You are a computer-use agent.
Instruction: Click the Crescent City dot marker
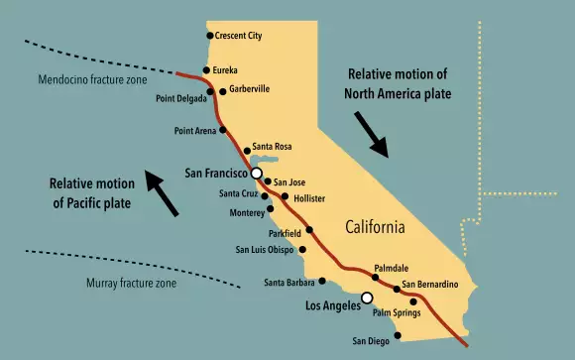pyautogui.click(x=209, y=36)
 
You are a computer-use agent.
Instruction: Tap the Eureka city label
pyautogui.click(x=226, y=70)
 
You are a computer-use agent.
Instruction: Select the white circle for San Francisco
pyautogui.click(x=257, y=173)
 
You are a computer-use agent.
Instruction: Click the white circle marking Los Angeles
pyautogui.click(x=367, y=298)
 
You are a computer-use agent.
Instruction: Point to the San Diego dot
pyautogui.click(x=397, y=335)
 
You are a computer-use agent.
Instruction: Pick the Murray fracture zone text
pyautogui.click(x=131, y=284)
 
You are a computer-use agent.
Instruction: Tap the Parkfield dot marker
pyautogui.click(x=309, y=229)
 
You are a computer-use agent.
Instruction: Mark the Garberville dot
pyautogui.click(x=222, y=90)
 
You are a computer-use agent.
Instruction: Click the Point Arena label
pyautogui.click(x=195, y=130)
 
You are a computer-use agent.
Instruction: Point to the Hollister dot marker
pyautogui.click(x=286, y=196)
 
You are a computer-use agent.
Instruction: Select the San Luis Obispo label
pyautogui.click(x=265, y=249)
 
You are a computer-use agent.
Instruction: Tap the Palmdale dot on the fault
pyautogui.click(x=376, y=277)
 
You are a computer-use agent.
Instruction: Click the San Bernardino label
pyautogui.click(x=430, y=285)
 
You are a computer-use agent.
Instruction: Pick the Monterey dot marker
pyautogui.click(x=271, y=210)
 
